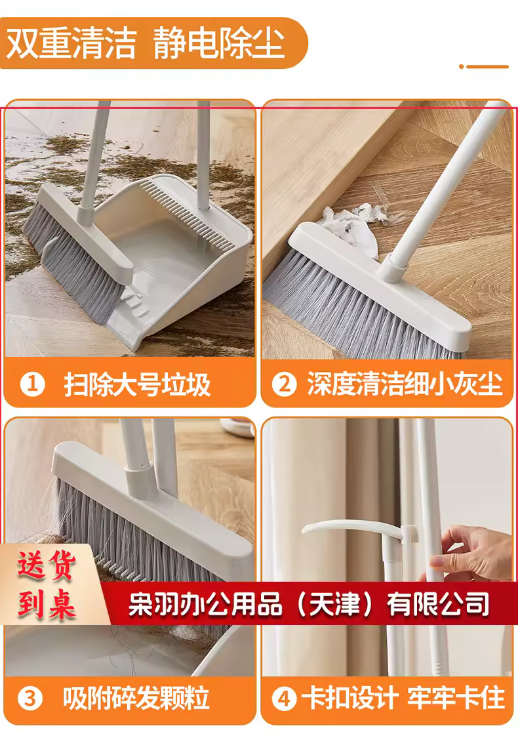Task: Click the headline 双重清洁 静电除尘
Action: click(145, 43)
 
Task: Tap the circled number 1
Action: click(32, 384)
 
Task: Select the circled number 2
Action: click(284, 384)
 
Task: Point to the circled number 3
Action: click(30, 699)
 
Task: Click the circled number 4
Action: click(284, 699)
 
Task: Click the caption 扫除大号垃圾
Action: click(137, 384)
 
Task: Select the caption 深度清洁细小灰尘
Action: click(405, 384)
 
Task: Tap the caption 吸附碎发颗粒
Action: click(136, 699)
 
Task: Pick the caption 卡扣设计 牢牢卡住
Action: click(403, 699)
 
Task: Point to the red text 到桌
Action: click(46, 605)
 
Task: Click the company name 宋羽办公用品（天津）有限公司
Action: click(309, 604)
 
